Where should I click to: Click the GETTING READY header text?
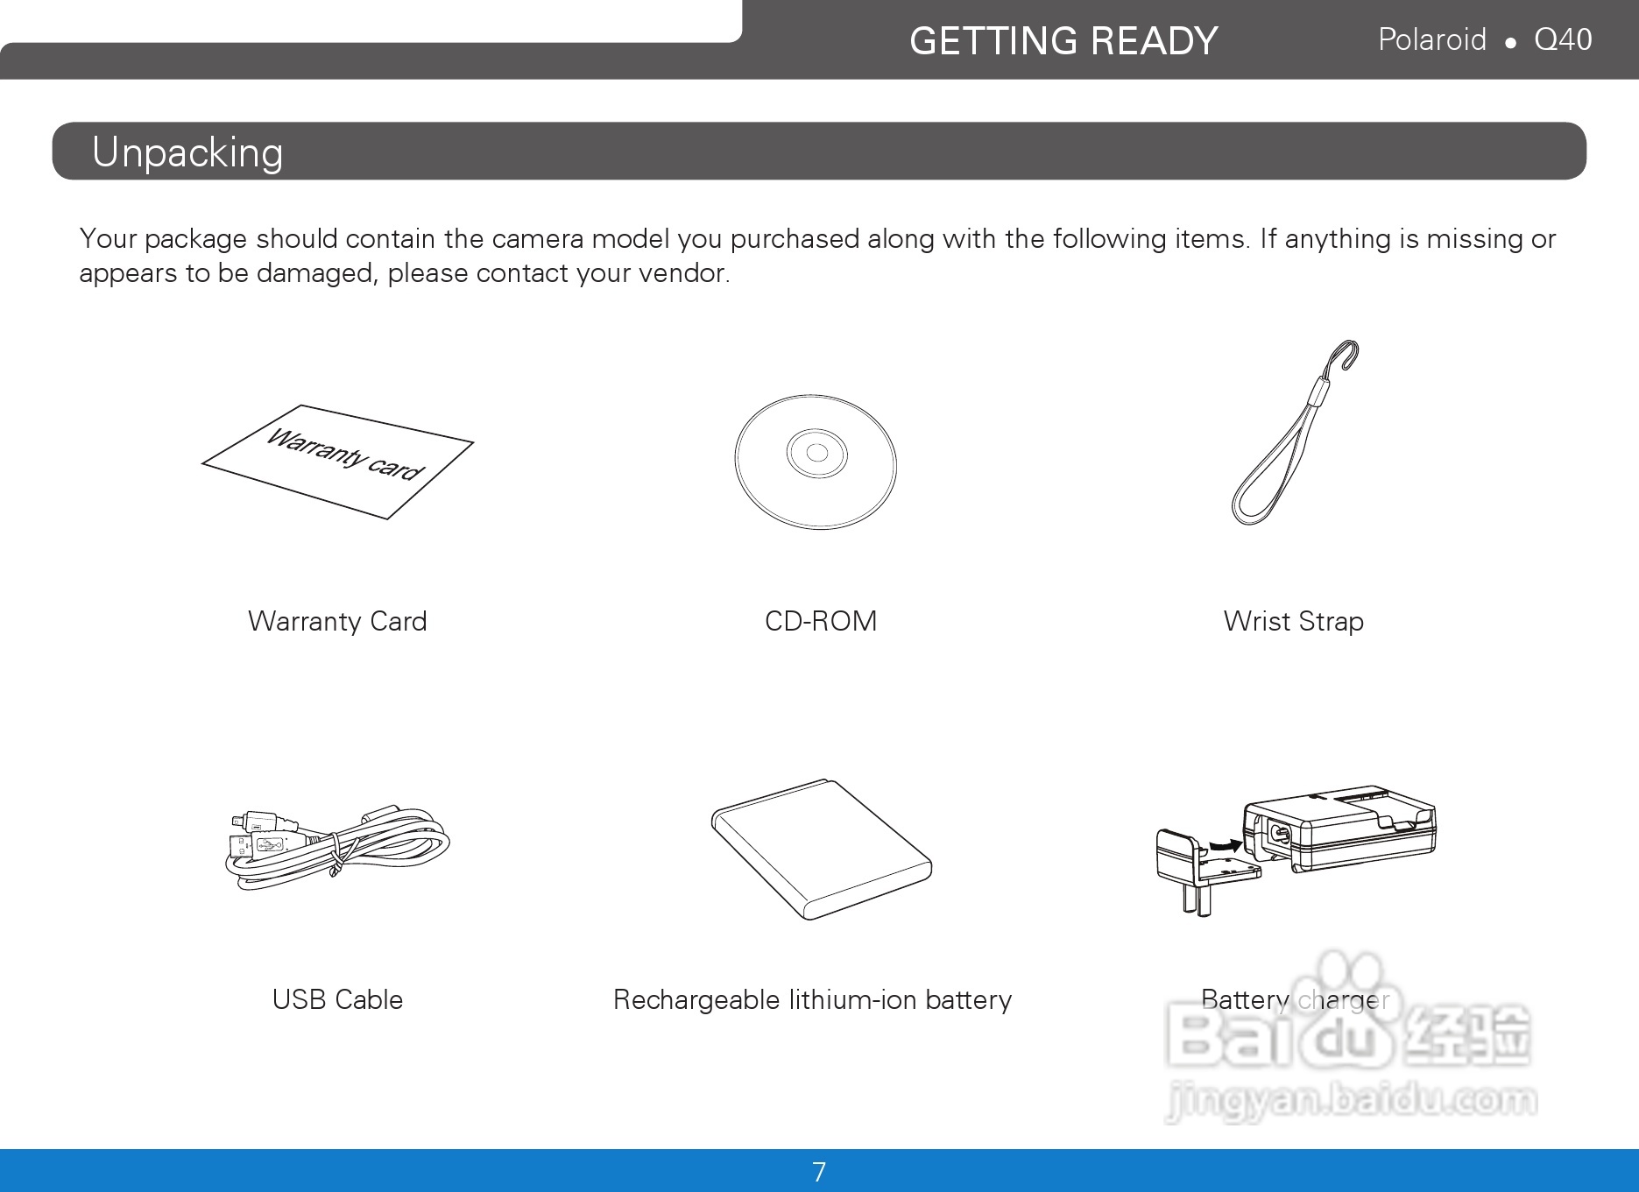point(1063,41)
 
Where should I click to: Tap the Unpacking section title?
point(187,152)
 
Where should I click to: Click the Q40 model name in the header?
point(1563,40)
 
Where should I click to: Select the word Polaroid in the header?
point(1432,39)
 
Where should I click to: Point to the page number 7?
point(819,1172)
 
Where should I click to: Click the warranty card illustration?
point(338,462)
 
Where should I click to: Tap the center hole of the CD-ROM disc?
point(816,453)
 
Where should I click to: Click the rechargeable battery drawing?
point(822,849)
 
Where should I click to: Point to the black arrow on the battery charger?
point(1224,846)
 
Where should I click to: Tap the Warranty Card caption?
point(337,621)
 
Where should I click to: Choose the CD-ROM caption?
point(821,621)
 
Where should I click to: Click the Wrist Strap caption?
point(1294,622)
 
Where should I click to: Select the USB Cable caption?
point(337,999)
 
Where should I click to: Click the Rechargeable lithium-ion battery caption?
point(812,1000)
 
